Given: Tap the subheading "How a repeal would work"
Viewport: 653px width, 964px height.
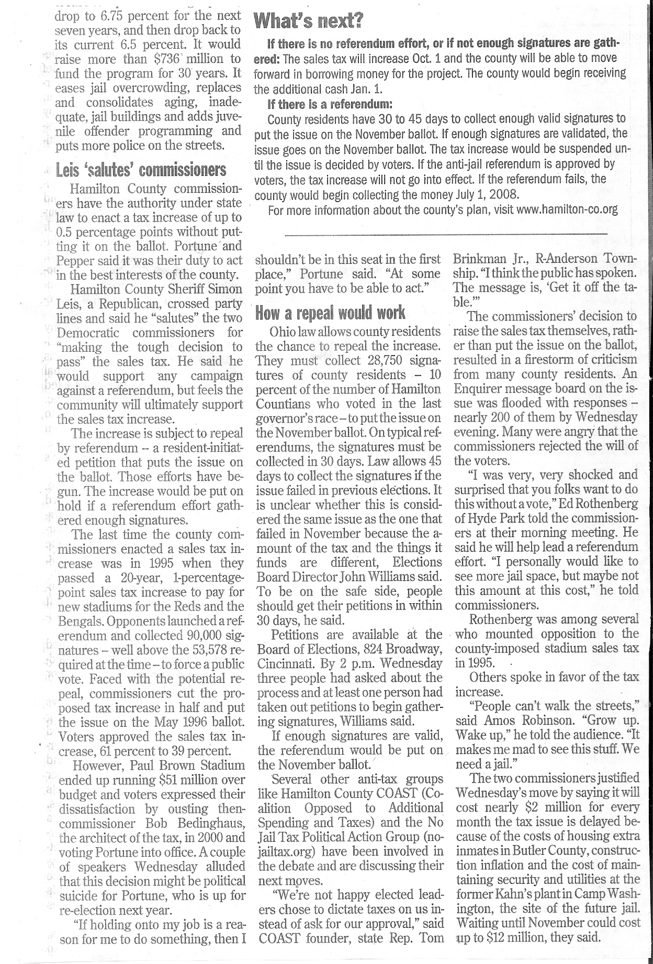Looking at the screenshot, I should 330,313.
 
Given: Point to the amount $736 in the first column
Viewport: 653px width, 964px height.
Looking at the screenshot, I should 165,59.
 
